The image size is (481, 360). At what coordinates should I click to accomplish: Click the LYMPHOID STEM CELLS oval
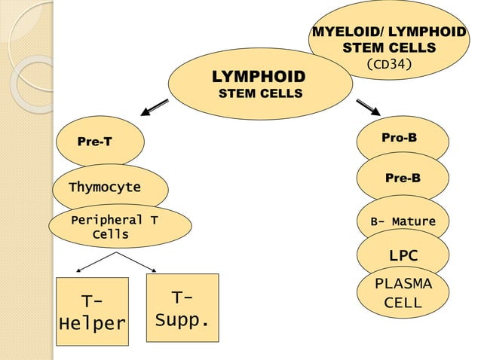(260, 84)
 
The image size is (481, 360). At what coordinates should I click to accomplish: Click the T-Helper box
(93, 313)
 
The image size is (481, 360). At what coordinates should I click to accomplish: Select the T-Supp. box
(182, 307)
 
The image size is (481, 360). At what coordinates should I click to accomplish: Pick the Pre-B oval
(403, 178)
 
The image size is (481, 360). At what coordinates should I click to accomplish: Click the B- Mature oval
(403, 221)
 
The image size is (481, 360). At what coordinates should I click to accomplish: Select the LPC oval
(403, 255)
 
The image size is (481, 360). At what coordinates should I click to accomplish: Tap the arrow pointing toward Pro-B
(367, 108)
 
